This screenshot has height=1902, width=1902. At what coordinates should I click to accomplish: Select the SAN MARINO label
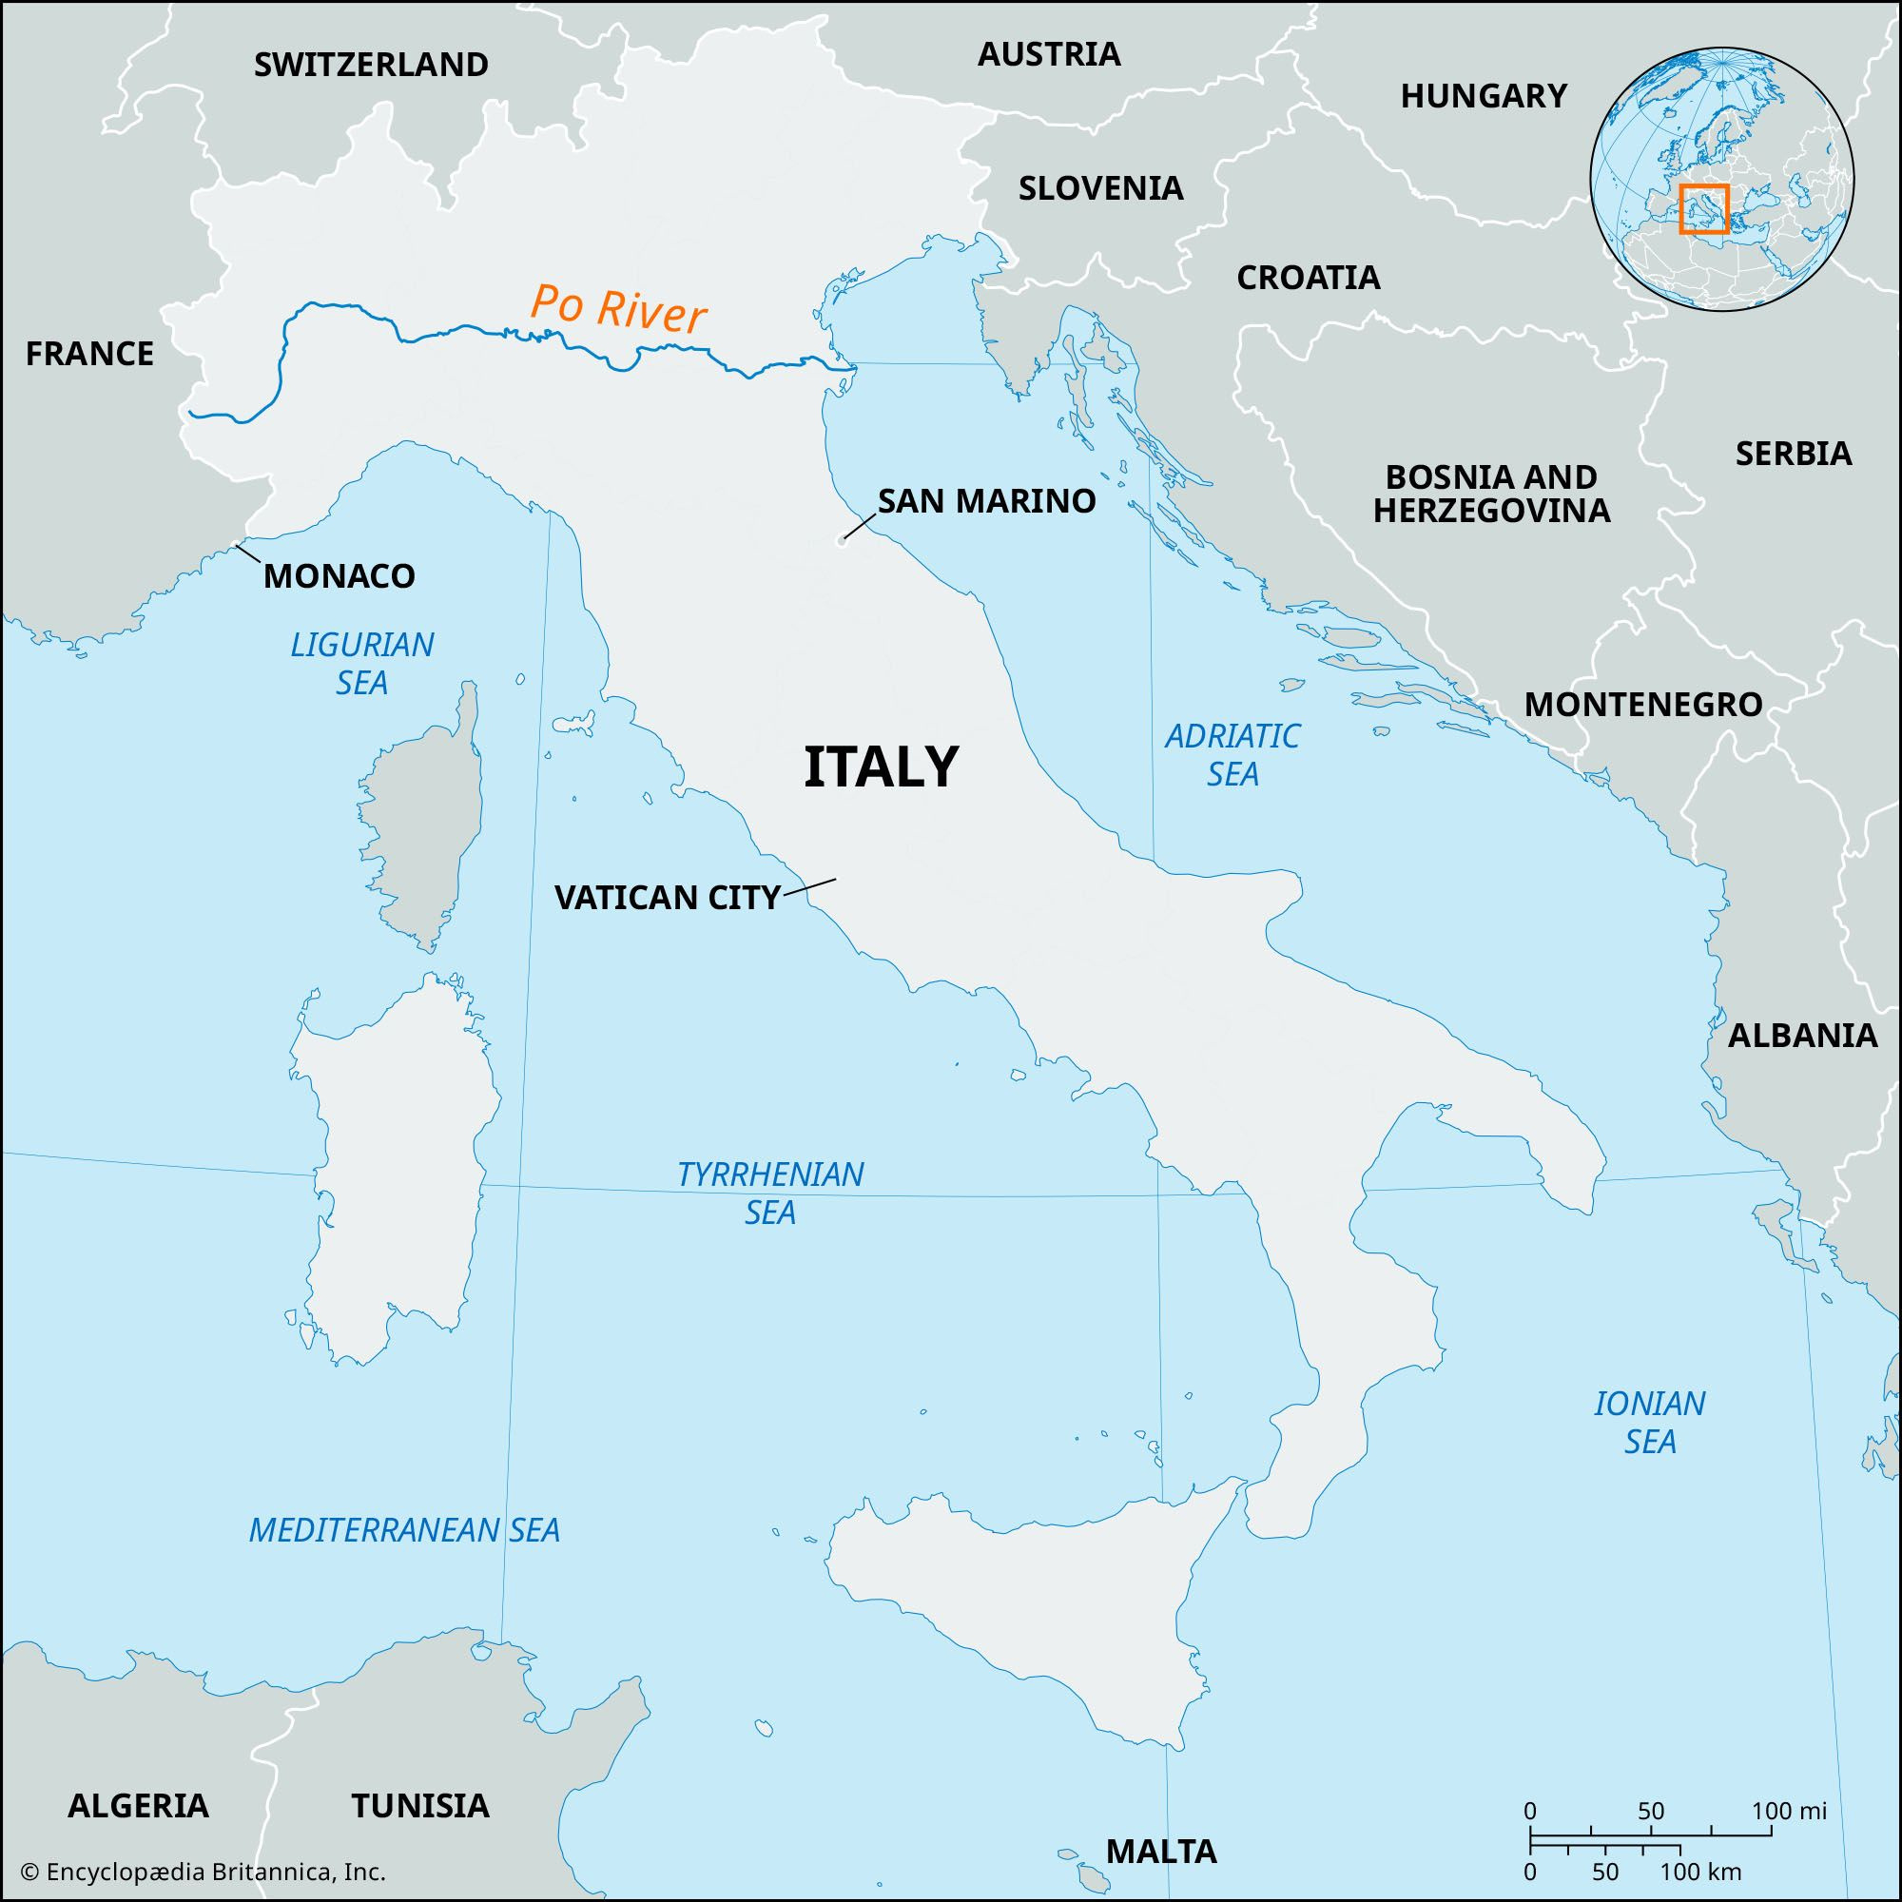[x=986, y=501]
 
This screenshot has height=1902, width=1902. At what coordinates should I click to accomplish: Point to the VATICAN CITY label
[x=667, y=897]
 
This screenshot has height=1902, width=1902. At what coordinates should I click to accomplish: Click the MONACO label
[x=339, y=576]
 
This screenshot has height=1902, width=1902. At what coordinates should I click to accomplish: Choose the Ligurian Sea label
[x=361, y=663]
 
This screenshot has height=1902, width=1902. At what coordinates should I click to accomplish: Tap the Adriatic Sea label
[x=1232, y=754]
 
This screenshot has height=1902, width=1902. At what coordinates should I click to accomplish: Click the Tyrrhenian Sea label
[x=770, y=1193]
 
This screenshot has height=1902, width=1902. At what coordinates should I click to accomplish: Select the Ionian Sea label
[x=1649, y=1422]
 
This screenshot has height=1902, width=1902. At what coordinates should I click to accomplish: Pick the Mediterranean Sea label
[x=403, y=1530]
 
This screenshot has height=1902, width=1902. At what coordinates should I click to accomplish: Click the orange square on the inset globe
[x=1703, y=207]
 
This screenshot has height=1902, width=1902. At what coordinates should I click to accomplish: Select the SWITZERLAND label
[x=371, y=65]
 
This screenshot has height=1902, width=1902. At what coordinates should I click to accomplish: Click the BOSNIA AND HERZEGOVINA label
[x=1490, y=494]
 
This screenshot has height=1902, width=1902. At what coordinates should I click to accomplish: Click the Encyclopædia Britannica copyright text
[x=202, y=1872]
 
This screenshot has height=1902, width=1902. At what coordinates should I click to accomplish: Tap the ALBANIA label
[x=1802, y=1035]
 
